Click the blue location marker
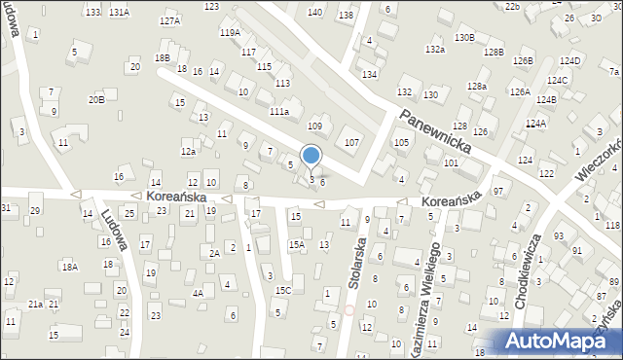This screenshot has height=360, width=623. click(311, 156)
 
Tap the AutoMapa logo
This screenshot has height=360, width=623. click(559, 341)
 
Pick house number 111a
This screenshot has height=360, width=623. click(279, 112)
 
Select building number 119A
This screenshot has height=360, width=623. click(230, 32)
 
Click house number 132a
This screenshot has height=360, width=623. click(434, 50)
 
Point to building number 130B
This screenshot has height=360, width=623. click(464, 37)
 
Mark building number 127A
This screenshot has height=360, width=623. click(170, 20)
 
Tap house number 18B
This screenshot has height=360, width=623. click(163, 58)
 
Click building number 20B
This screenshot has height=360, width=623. click(95, 99)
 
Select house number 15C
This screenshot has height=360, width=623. click(282, 290)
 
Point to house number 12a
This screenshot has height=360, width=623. click(188, 151)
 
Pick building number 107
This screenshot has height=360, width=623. click(351, 143)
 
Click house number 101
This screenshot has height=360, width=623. click(451, 162)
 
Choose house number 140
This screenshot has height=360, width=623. click(314, 12)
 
